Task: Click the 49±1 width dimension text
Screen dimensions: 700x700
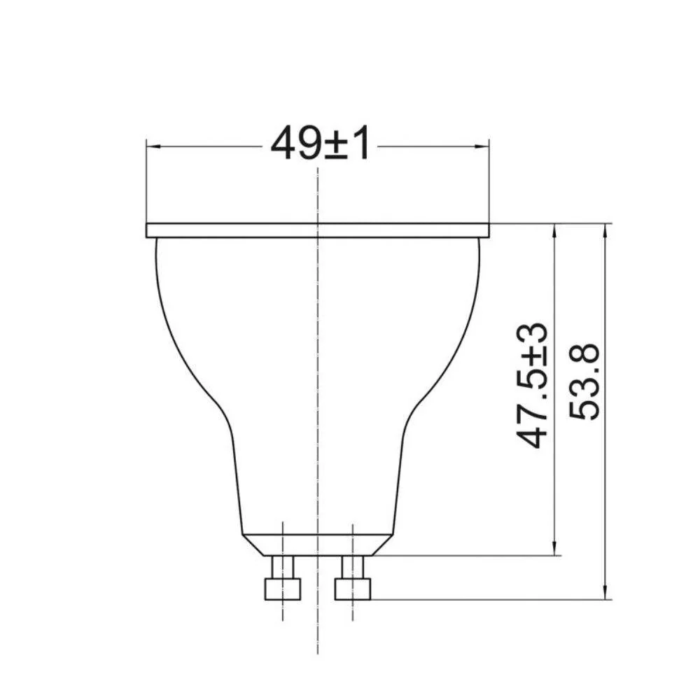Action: pyautogui.click(x=320, y=145)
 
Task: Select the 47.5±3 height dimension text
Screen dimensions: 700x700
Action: pyautogui.click(x=533, y=385)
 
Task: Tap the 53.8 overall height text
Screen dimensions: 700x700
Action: pyautogui.click(x=584, y=381)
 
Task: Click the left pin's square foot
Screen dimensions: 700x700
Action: pyautogui.click(x=283, y=589)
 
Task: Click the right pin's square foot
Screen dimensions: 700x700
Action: pyautogui.click(x=353, y=589)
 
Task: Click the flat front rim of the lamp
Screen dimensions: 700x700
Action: pyautogui.click(x=318, y=230)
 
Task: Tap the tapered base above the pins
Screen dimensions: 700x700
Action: pyautogui.click(x=316, y=545)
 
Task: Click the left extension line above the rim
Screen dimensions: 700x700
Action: pyautogui.click(x=146, y=182)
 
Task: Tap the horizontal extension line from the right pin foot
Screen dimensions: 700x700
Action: pyautogui.click(x=490, y=599)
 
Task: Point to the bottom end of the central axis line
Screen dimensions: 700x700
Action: pyautogui.click(x=318, y=651)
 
